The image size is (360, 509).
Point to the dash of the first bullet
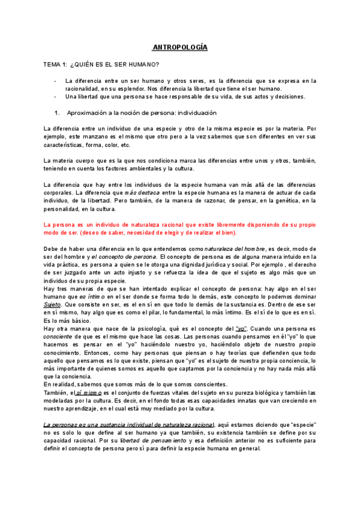click(x=55, y=80)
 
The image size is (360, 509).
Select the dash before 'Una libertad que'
click(x=55, y=97)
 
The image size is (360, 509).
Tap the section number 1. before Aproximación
click(x=57, y=113)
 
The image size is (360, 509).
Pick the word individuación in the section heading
click(x=196, y=113)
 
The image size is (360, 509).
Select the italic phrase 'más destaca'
click(x=142, y=192)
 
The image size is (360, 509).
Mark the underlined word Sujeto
click(x=53, y=304)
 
